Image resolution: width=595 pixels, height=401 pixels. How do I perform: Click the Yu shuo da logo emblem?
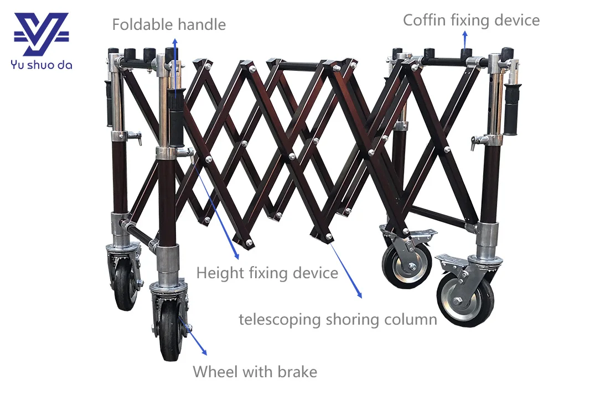[x=41, y=35]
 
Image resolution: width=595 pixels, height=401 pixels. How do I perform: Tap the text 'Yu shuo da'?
[x=41, y=65]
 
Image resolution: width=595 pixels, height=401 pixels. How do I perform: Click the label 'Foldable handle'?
[x=169, y=24]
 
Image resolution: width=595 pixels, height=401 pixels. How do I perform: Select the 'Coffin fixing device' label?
[x=471, y=20]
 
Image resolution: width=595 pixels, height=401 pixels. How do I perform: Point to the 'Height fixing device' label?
[x=267, y=273]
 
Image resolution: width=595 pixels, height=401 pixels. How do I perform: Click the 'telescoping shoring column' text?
[x=338, y=319]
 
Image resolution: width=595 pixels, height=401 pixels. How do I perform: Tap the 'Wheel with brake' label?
[x=255, y=371]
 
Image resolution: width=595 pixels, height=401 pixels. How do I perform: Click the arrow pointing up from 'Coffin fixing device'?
[x=464, y=39]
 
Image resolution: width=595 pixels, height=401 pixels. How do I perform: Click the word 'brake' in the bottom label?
[x=298, y=371]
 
